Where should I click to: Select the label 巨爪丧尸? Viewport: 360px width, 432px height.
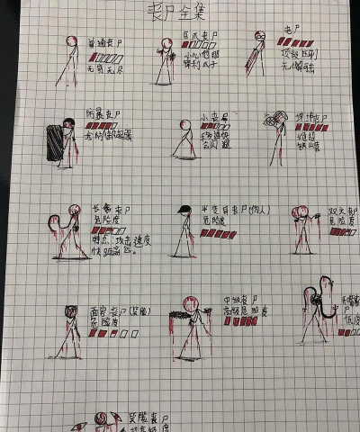[201, 35]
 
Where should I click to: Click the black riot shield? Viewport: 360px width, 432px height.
[56, 144]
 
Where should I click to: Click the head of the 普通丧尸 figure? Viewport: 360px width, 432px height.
[72, 40]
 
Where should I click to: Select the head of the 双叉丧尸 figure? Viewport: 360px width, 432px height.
[304, 213]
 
